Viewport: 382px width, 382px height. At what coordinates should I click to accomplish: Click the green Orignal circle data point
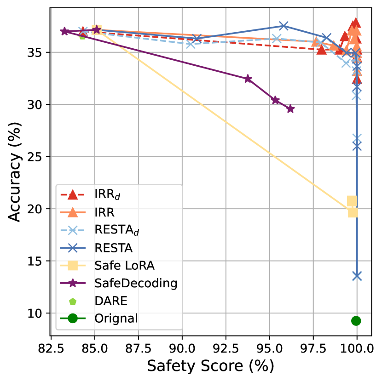(356, 320)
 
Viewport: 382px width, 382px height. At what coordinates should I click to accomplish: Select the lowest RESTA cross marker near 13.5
(357, 276)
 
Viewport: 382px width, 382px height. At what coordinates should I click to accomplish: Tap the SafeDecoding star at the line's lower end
(290, 109)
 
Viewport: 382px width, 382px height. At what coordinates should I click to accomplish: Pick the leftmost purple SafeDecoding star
(65, 31)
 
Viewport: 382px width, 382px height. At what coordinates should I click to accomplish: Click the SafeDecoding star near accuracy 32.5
(248, 79)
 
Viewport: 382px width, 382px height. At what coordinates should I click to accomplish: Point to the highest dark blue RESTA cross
(284, 26)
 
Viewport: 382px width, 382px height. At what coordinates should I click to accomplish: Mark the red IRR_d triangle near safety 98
(322, 49)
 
